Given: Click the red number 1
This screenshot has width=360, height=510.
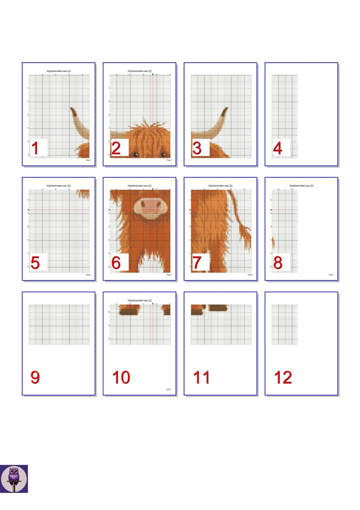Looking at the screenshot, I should pyautogui.click(x=36, y=148).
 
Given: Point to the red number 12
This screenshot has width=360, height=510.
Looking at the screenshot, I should pyautogui.click(x=283, y=378).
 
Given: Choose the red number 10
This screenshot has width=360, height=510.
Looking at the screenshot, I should pyautogui.click(x=121, y=378).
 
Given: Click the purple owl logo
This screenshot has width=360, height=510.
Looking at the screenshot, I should pyautogui.click(x=14, y=478).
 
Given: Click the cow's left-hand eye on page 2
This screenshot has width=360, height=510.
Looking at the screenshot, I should pyautogui.click(x=135, y=155).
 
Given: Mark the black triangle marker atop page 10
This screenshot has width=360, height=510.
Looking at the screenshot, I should pyautogui.click(x=153, y=304).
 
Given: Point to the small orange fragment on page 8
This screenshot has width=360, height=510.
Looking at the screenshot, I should pyautogui.click(x=273, y=242).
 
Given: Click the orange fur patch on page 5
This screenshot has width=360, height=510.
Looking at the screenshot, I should pyautogui.click(x=83, y=194).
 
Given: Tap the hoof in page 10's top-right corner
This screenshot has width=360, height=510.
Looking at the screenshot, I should pyautogui.click(x=166, y=310).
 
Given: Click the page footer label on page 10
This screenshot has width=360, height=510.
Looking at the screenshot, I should pyautogui.click(x=168, y=389).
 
